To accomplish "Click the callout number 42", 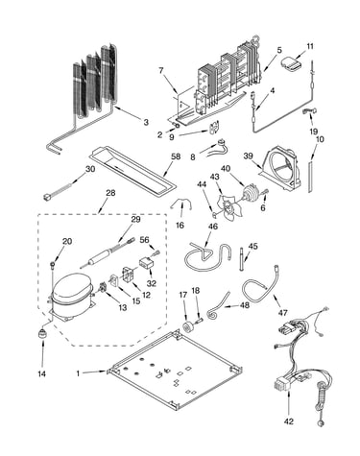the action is click(x=288, y=421).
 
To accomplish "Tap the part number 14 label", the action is click(x=41, y=373).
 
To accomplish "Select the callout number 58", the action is click(x=176, y=156).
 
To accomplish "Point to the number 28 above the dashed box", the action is click(x=110, y=193).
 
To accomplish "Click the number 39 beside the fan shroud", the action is click(x=248, y=156).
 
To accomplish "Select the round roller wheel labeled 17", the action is click(x=186, y=326).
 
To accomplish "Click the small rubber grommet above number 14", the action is click(x=41, y=333).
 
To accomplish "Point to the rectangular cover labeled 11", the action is click(x=291, y=62).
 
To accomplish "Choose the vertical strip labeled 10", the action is click(x=310, y=178).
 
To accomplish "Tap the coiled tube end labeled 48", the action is click(x=212, y=313).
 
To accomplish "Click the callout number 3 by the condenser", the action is click(x=146, y=122).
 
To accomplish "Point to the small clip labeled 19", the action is click(x=309, y=111).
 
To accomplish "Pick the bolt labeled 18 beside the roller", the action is click(x=199, y=319).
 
